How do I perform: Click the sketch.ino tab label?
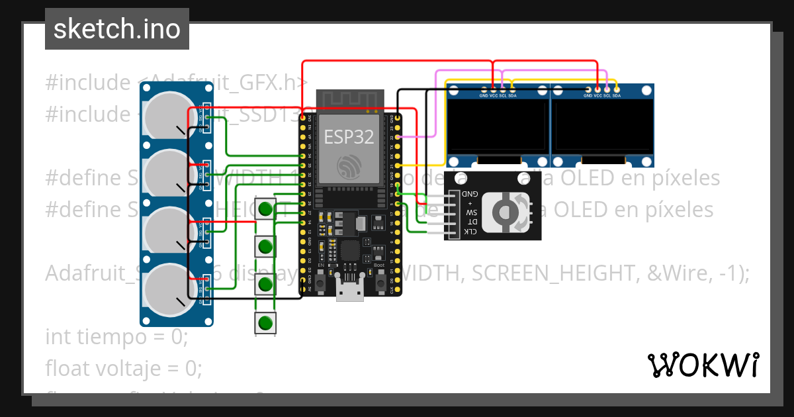tap(116, 29)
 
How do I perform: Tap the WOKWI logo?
tap(702, 365)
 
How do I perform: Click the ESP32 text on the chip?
tap(349, 136)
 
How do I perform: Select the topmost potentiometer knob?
tap(165, 114)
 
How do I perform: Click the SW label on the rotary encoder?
tap(471, 213)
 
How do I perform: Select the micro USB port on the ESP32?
tap(349, 291)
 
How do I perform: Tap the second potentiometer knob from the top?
tap(165, 172)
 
